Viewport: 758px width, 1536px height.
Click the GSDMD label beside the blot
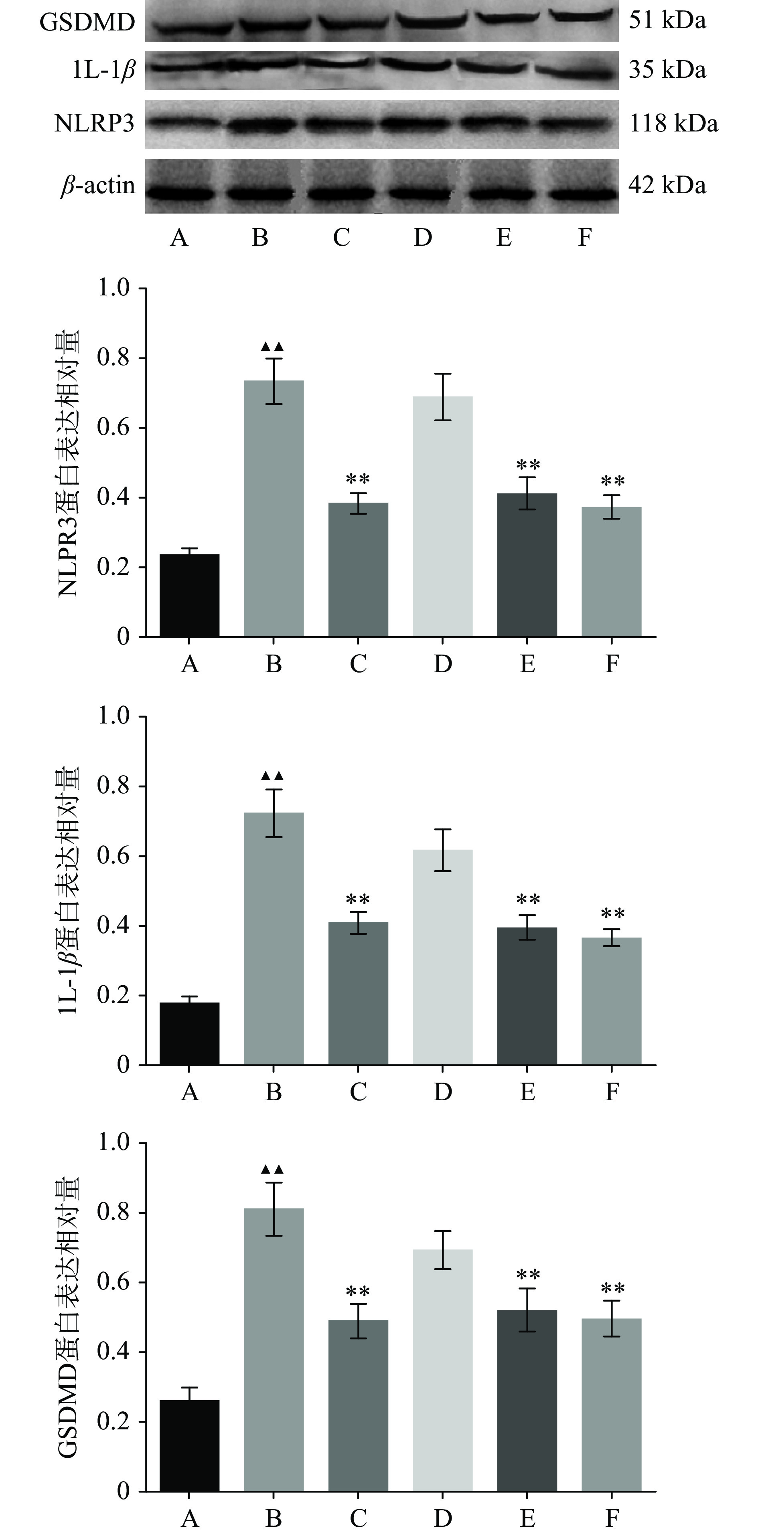click(87, 23)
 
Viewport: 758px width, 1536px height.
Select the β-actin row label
click(98, 186)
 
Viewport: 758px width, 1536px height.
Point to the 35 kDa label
click(667, 70)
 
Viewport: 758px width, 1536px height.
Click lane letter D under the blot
click(422, 237)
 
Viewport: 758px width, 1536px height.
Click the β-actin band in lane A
click(179, 194)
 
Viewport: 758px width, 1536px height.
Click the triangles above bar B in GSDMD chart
click(273, 1169)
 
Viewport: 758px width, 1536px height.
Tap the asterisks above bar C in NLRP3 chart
click(358, 479)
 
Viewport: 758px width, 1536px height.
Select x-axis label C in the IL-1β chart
click(358, 1091)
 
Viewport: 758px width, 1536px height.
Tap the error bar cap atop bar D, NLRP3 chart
click(442, 374)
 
